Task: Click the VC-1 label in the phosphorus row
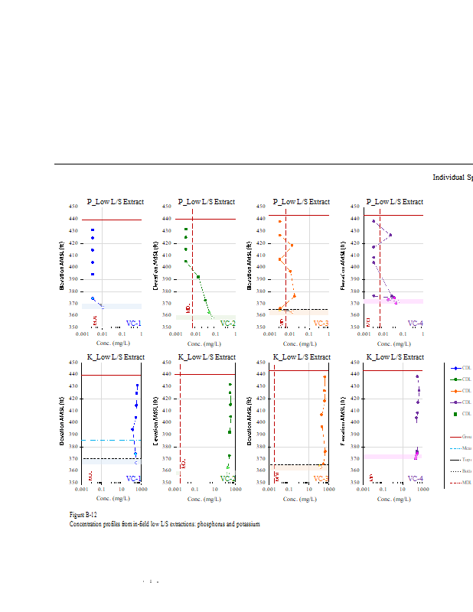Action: pos(133,324)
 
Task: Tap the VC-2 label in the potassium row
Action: pos(227,479)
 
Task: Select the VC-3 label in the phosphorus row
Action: pos(321,324)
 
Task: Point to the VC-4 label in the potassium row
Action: pos(415,479)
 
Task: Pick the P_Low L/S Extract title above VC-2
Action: pos(207,202)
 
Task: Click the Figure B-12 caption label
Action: pos(83,515)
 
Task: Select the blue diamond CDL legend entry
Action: pos(456,368)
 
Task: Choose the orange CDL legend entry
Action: pos(456,390)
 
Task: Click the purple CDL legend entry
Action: pos(456,402)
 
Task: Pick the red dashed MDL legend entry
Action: pos(456,483)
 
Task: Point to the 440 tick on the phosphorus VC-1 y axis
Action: pos(73,219)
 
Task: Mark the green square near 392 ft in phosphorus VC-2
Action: pos(198,276)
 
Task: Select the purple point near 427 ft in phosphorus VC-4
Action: pos(390,235)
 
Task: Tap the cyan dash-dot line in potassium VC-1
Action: pos(107,440)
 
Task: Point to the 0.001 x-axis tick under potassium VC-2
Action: pos(176,490)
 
